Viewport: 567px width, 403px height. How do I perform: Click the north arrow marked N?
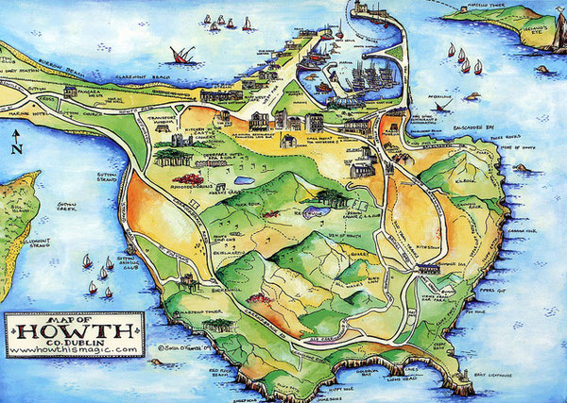pyautogui.click(x=16, y=144)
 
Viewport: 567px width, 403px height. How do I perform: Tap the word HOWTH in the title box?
pyautogui.click(x=70, y=332)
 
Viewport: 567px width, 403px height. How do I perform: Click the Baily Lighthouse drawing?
pyautogui.click(x=463, y=382)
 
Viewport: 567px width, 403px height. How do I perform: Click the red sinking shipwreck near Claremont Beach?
pyautogui.click(x=177, y=56)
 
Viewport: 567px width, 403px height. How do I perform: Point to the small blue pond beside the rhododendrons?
pyautogui.click(x=242, y=179)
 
